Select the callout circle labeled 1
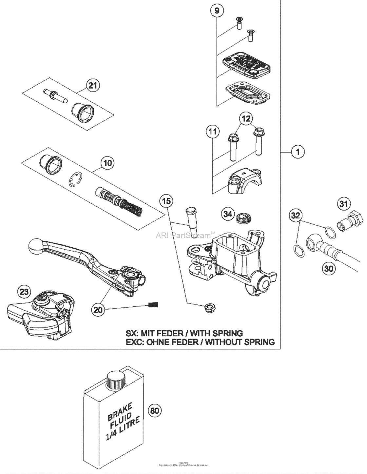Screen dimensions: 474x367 298,152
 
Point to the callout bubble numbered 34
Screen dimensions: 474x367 227,214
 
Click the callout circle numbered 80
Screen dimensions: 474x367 155,410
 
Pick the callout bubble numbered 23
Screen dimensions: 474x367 24,291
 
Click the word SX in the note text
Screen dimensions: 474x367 132,333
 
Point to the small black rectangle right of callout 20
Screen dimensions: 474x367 153,305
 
